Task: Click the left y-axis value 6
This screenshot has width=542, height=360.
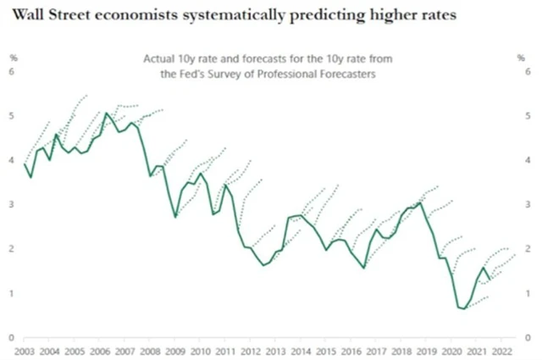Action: [x=12, y=72]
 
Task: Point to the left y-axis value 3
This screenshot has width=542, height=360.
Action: [x=12, y=204]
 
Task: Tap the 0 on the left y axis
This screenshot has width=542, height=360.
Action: [x=12, y=336]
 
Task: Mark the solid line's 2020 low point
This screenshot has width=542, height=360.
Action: [x=463, y=308]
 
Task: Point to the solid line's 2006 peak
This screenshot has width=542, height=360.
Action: [x=106, y=113]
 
